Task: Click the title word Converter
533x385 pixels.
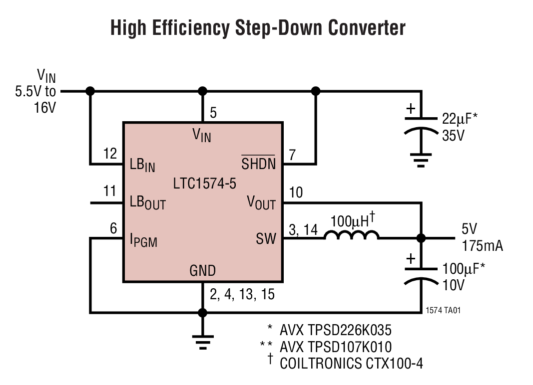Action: [x=367, y=28]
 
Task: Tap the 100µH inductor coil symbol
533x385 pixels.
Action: [x=352, y=236]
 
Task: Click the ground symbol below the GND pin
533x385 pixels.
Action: [x=202, y=341]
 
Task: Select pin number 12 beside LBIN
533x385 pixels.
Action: [x=110, y=154]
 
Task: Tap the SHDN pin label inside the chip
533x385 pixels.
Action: [x=258, y=163]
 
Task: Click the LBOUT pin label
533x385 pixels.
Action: [x=147, y=203]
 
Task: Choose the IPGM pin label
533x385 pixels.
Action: [x=143, y=241]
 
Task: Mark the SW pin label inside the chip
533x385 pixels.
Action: [x=266, y=239]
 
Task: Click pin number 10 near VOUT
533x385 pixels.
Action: [x=296, y=192]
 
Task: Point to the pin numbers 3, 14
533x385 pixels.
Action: [x=303, y=229]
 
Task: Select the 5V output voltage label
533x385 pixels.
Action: [x=470, y=229]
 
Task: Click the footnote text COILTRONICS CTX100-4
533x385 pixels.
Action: [x=351, y=364]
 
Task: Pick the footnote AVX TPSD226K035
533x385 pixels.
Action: [x=335, y=330]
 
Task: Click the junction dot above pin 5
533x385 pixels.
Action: [x=202, y=91]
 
